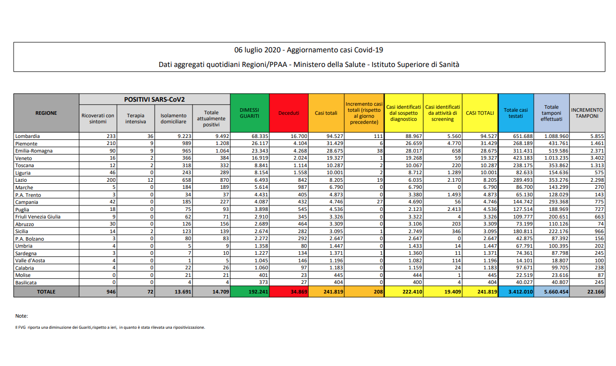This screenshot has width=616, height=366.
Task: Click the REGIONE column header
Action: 46,113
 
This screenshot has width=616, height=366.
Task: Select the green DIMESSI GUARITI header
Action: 250,113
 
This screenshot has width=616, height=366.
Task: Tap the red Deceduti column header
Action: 288,113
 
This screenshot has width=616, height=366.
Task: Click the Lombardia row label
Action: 28,136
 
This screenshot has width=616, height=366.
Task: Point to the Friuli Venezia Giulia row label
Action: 38,216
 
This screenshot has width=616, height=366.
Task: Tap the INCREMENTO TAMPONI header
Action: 587,113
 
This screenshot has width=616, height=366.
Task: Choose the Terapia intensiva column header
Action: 136,118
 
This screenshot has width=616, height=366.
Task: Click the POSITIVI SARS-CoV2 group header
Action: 154,99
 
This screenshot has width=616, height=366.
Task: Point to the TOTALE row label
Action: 46,291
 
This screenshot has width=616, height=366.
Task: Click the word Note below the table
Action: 22,316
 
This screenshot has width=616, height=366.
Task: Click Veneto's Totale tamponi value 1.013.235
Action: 551,158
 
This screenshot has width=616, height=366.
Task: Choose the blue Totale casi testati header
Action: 516,113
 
